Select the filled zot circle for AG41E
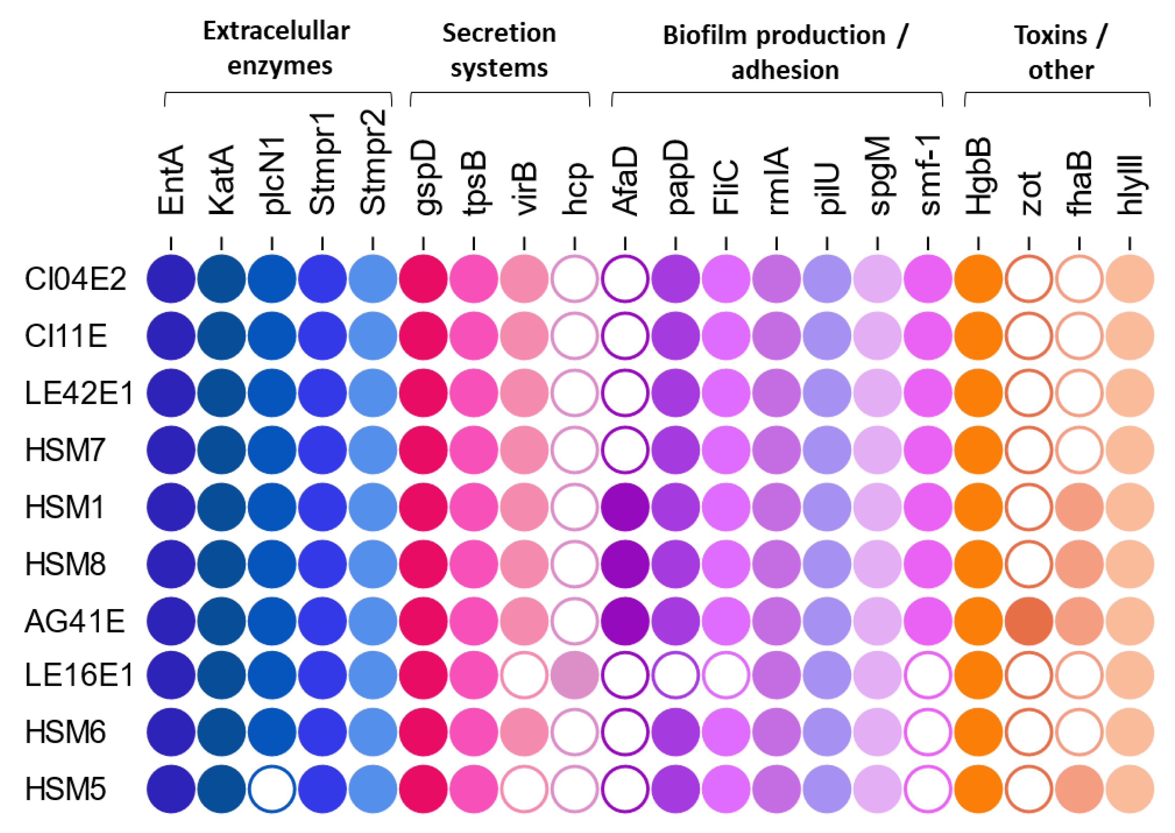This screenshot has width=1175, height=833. [1029, 621]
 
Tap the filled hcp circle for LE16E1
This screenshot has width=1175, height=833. [575, 675]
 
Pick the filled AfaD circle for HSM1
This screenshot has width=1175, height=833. [625, 507]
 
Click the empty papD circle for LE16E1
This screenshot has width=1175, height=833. [675, 675]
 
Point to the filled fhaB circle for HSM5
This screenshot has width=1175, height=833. [1079, 789]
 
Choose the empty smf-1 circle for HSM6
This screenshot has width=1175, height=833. [928, 732]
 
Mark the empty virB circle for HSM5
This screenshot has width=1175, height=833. [524, 789]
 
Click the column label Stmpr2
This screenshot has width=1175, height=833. [373, 163]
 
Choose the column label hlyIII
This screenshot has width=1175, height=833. [1130, 185]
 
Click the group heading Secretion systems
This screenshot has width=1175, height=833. [499, 50]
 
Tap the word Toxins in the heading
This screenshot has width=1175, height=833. [1050, 35]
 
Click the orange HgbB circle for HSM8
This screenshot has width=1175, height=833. [978, 564]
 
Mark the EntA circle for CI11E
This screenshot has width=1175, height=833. [171, 336]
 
